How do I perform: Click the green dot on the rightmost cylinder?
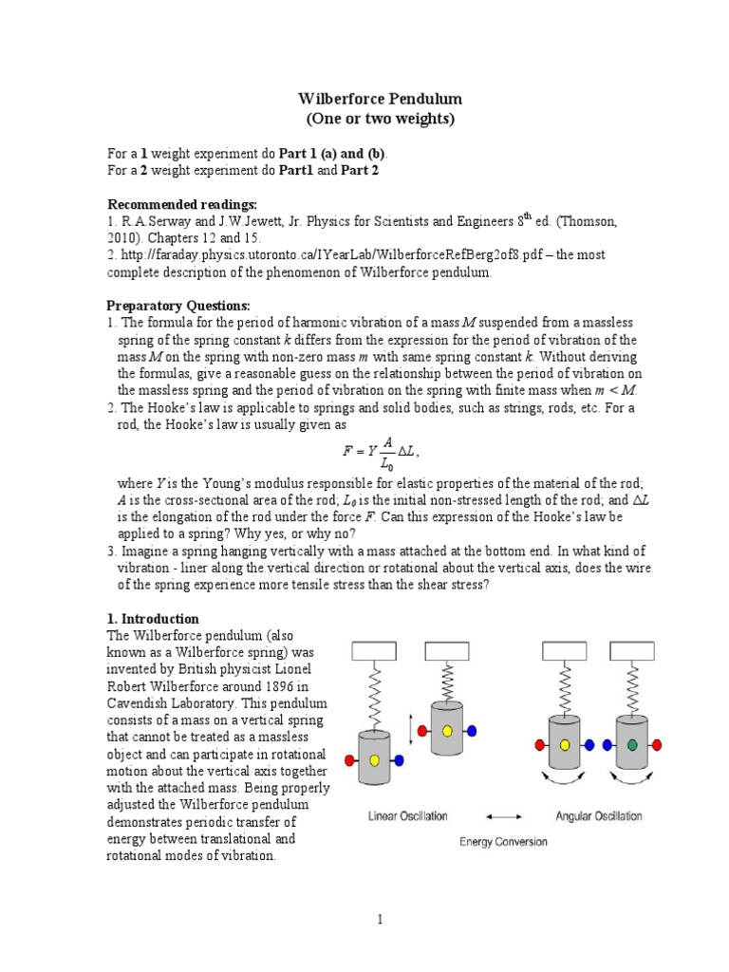[631, 744]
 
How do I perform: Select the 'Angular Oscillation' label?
[598, 815]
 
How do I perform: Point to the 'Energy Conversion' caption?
[502, 841]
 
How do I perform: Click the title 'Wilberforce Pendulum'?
[364, 99]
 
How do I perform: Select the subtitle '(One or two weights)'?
[364, 119]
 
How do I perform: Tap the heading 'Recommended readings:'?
[182, 204]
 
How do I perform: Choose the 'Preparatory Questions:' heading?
[179, 306]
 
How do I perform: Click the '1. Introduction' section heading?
[153, 618]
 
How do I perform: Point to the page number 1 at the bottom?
[379, 919]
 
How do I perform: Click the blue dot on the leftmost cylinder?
[398, 760]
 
